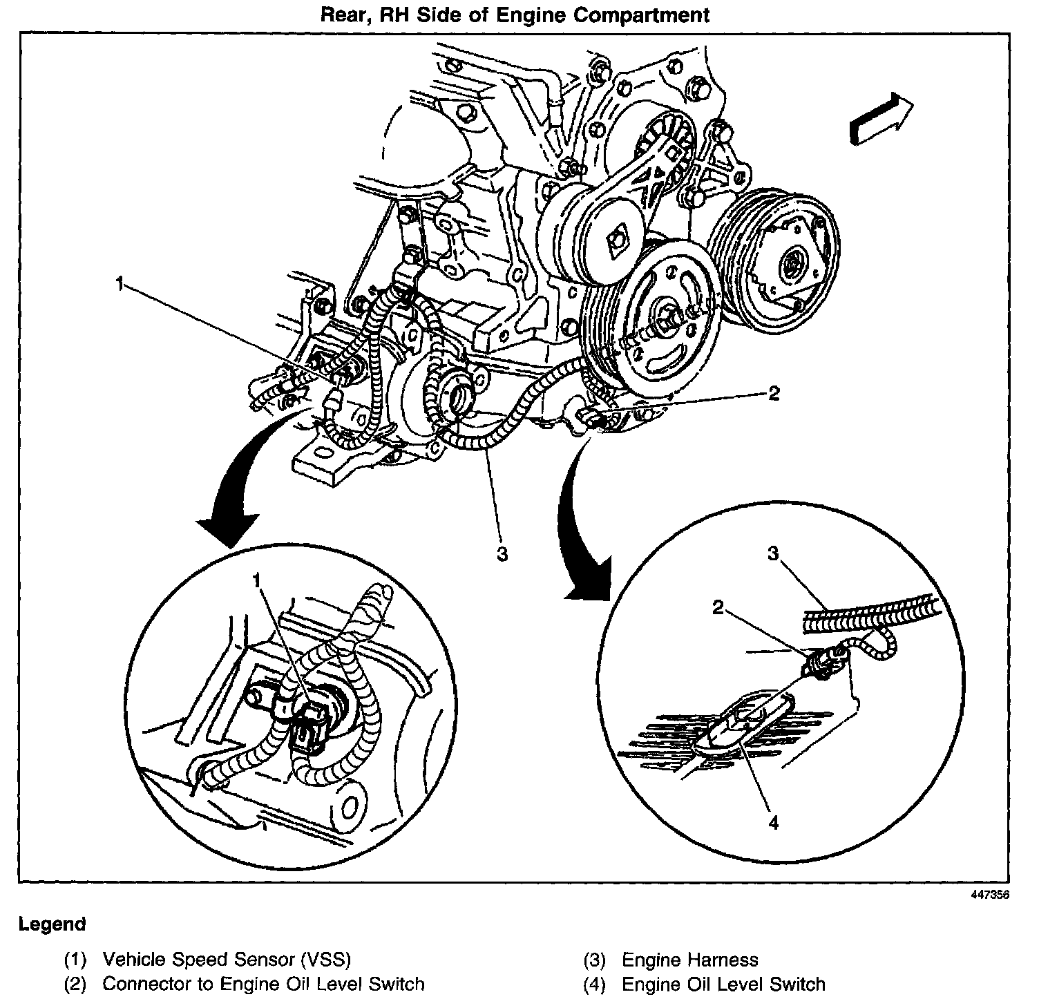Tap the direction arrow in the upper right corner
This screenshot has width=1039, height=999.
tap(880, 118)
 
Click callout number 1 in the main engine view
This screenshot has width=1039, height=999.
tap(120, 284)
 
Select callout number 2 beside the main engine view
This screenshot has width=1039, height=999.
tap(773, 393)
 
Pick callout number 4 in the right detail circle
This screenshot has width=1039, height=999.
tap(773, 823)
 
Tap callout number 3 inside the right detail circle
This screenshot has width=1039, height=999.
tap(773, 553)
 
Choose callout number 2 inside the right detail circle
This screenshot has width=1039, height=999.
tap(719, 608)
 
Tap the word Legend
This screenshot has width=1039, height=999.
tap(53, 924)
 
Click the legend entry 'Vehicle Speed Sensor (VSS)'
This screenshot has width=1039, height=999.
tap(227, 960)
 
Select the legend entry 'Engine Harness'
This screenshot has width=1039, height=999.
tap(689, 960)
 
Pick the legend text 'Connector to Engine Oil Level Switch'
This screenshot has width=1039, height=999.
tap(263, 983)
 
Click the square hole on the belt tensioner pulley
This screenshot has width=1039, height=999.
tap(615, 242)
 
